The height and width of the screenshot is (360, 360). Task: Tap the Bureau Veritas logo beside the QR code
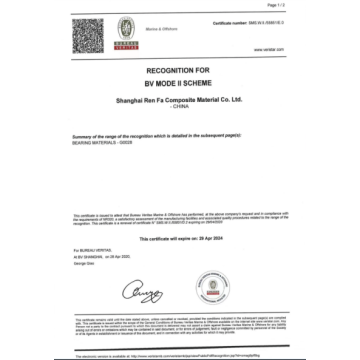click(x=126, y=30)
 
